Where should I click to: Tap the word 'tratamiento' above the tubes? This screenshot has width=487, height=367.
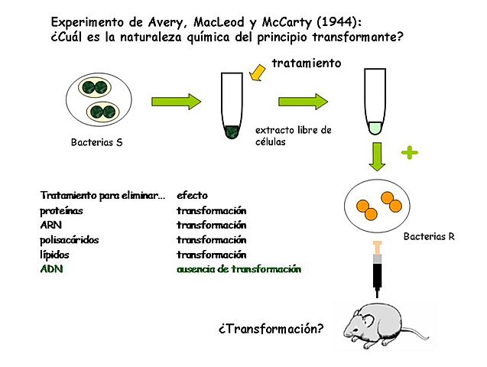click(306, 64)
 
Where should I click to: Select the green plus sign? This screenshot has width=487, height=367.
click(411, 153)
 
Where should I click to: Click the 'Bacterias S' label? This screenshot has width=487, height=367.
click(96, 142)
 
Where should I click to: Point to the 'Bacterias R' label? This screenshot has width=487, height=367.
click(430, 237)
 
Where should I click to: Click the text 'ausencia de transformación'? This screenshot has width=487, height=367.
click(239, 269)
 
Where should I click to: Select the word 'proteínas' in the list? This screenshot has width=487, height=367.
click(62, 210)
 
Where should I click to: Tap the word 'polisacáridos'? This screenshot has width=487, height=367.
click(70, 240)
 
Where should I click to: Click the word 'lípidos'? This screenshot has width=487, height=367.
click(55, 255)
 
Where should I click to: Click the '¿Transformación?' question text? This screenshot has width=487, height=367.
click(270, 330)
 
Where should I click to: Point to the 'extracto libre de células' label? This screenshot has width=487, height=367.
click(293, 135)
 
